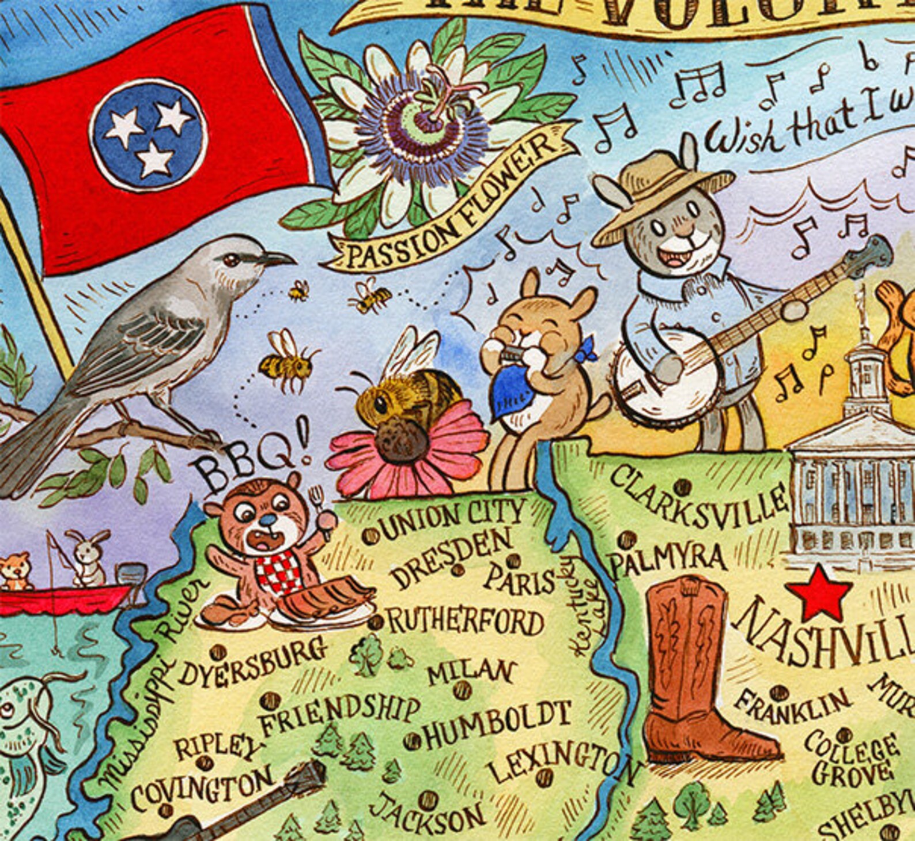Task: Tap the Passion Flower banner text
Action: [449, 208]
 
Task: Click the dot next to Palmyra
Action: [625, 540]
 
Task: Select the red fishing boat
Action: [63, 599]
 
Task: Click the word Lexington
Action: [562, 764]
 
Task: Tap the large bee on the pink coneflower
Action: [409, 403]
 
